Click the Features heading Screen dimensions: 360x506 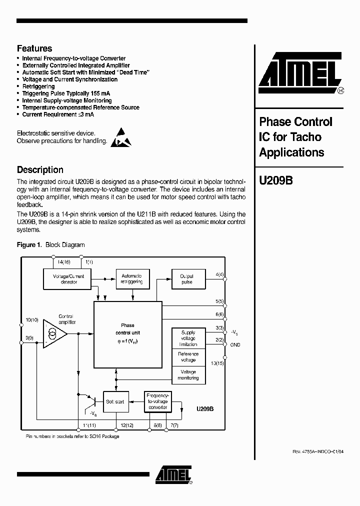[34, 48]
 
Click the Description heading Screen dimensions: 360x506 [40, 169]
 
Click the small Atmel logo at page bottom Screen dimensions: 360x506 [172, 475]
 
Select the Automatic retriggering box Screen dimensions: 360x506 [131, 279]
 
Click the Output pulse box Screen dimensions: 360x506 [186, 279]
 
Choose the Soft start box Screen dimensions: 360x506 [116, 401]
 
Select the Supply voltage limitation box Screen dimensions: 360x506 [188, 338]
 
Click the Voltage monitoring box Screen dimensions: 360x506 [188, 375]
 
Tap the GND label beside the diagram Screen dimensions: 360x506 [235, 345]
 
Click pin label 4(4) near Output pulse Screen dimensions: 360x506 [219, 275]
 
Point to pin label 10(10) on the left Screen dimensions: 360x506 [32, 319]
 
